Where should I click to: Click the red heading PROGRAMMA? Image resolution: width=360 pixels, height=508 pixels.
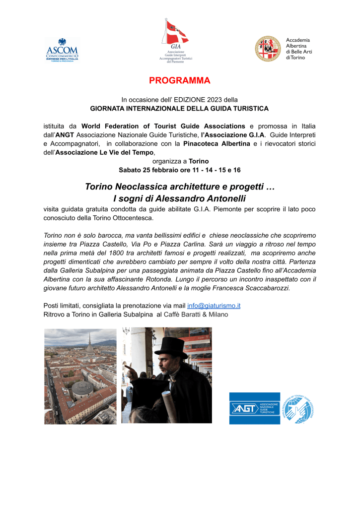pos(180,80)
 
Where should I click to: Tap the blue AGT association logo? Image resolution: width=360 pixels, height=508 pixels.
pos(254,408)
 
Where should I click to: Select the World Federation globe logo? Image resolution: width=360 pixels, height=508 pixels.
pos(298,408)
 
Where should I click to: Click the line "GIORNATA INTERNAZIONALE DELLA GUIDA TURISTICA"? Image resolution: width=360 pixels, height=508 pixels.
pos(179,108)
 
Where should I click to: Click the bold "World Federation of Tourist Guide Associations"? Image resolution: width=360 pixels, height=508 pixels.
pos(163,126)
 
